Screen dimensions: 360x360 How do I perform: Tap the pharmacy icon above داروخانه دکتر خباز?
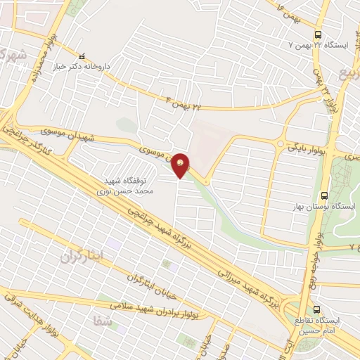click(82, 57)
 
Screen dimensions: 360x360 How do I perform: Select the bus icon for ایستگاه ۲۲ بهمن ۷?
click(319, 34)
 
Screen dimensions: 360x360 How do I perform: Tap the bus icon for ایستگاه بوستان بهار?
click(323, 195)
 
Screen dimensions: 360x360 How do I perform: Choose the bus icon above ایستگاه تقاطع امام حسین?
click(317, 309)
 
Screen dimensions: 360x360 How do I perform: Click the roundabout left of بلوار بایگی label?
click(280, 146)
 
